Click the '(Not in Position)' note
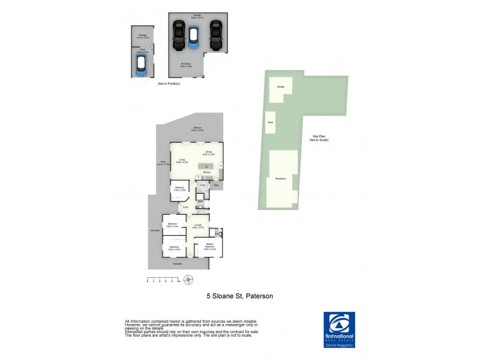[x=169, y=84]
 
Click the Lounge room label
[x=198, y=226]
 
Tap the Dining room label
[x=209, y=153]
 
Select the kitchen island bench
[x=206, y=166]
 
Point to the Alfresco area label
[x=197, y=128]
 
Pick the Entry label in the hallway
[x=186, y=207]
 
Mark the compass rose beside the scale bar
[x=189, y=279]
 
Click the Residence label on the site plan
[x=280, y=178]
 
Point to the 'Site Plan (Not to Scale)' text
[x=319, y=138]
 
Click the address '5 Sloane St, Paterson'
[x=240, y=296]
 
